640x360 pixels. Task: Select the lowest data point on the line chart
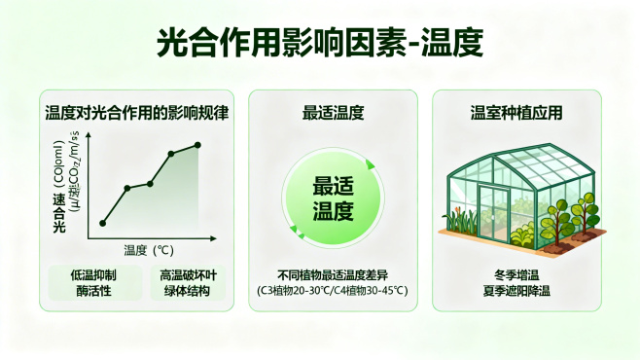103,223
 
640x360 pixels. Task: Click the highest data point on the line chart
197,145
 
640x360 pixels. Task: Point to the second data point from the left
127,188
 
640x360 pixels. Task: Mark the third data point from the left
150,183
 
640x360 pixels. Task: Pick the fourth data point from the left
171,154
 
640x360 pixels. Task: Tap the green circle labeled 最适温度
333,198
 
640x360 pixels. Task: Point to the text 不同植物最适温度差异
333,274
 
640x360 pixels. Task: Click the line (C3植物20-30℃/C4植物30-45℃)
333,290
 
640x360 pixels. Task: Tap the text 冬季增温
516,274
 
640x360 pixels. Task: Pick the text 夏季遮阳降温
516,290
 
